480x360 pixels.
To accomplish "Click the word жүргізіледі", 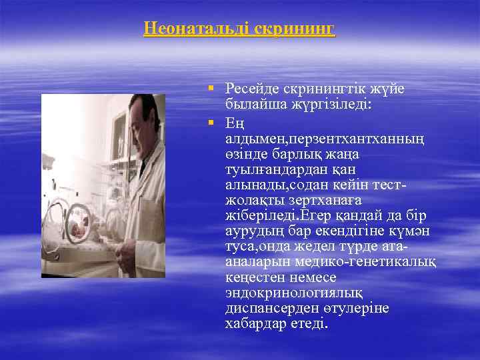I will [x=324, y=105].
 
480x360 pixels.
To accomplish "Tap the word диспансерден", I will [x=266, y=309].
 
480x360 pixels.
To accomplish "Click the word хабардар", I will [x=253, y=324].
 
